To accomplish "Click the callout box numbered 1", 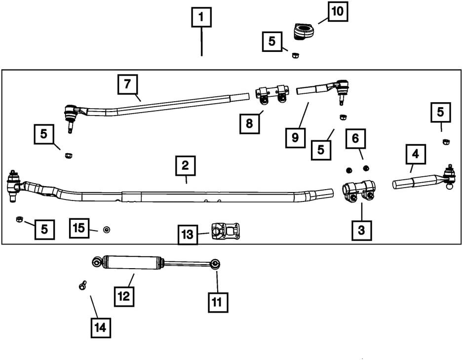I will pyautogui.click(x=201, y=18).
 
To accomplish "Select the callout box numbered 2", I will pyautogui.click(x=185, y=166).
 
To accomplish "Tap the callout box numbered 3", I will pyautogui.click(x=362, y=230).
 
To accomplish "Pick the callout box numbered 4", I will pyautogui.click(x=416, y=154).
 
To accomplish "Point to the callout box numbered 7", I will pyautogui.click(x=127, y=84).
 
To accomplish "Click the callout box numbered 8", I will pyautogui.click(x=250, y=123).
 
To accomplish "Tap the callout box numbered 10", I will pyautogui.click(x=338, y=11).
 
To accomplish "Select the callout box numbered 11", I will pyautogui.click(x=217, y=301).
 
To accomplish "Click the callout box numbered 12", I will pyautogui.click(x=124, y=296).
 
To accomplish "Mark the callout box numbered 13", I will pyautogui.click(x=188, y=235).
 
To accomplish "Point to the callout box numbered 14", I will pyautogui.click(x=101, y=327).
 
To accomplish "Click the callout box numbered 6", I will pyautogui.click(x=355, y=139).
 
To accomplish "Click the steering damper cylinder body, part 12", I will pyautogui.click(x=133, y=262).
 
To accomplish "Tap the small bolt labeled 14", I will pyautogui.click(x=82, y=285).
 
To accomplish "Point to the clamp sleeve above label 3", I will pyautogui.click(x=359, y=191).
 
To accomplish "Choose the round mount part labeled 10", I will pyautogui.click(x=303, y=32).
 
